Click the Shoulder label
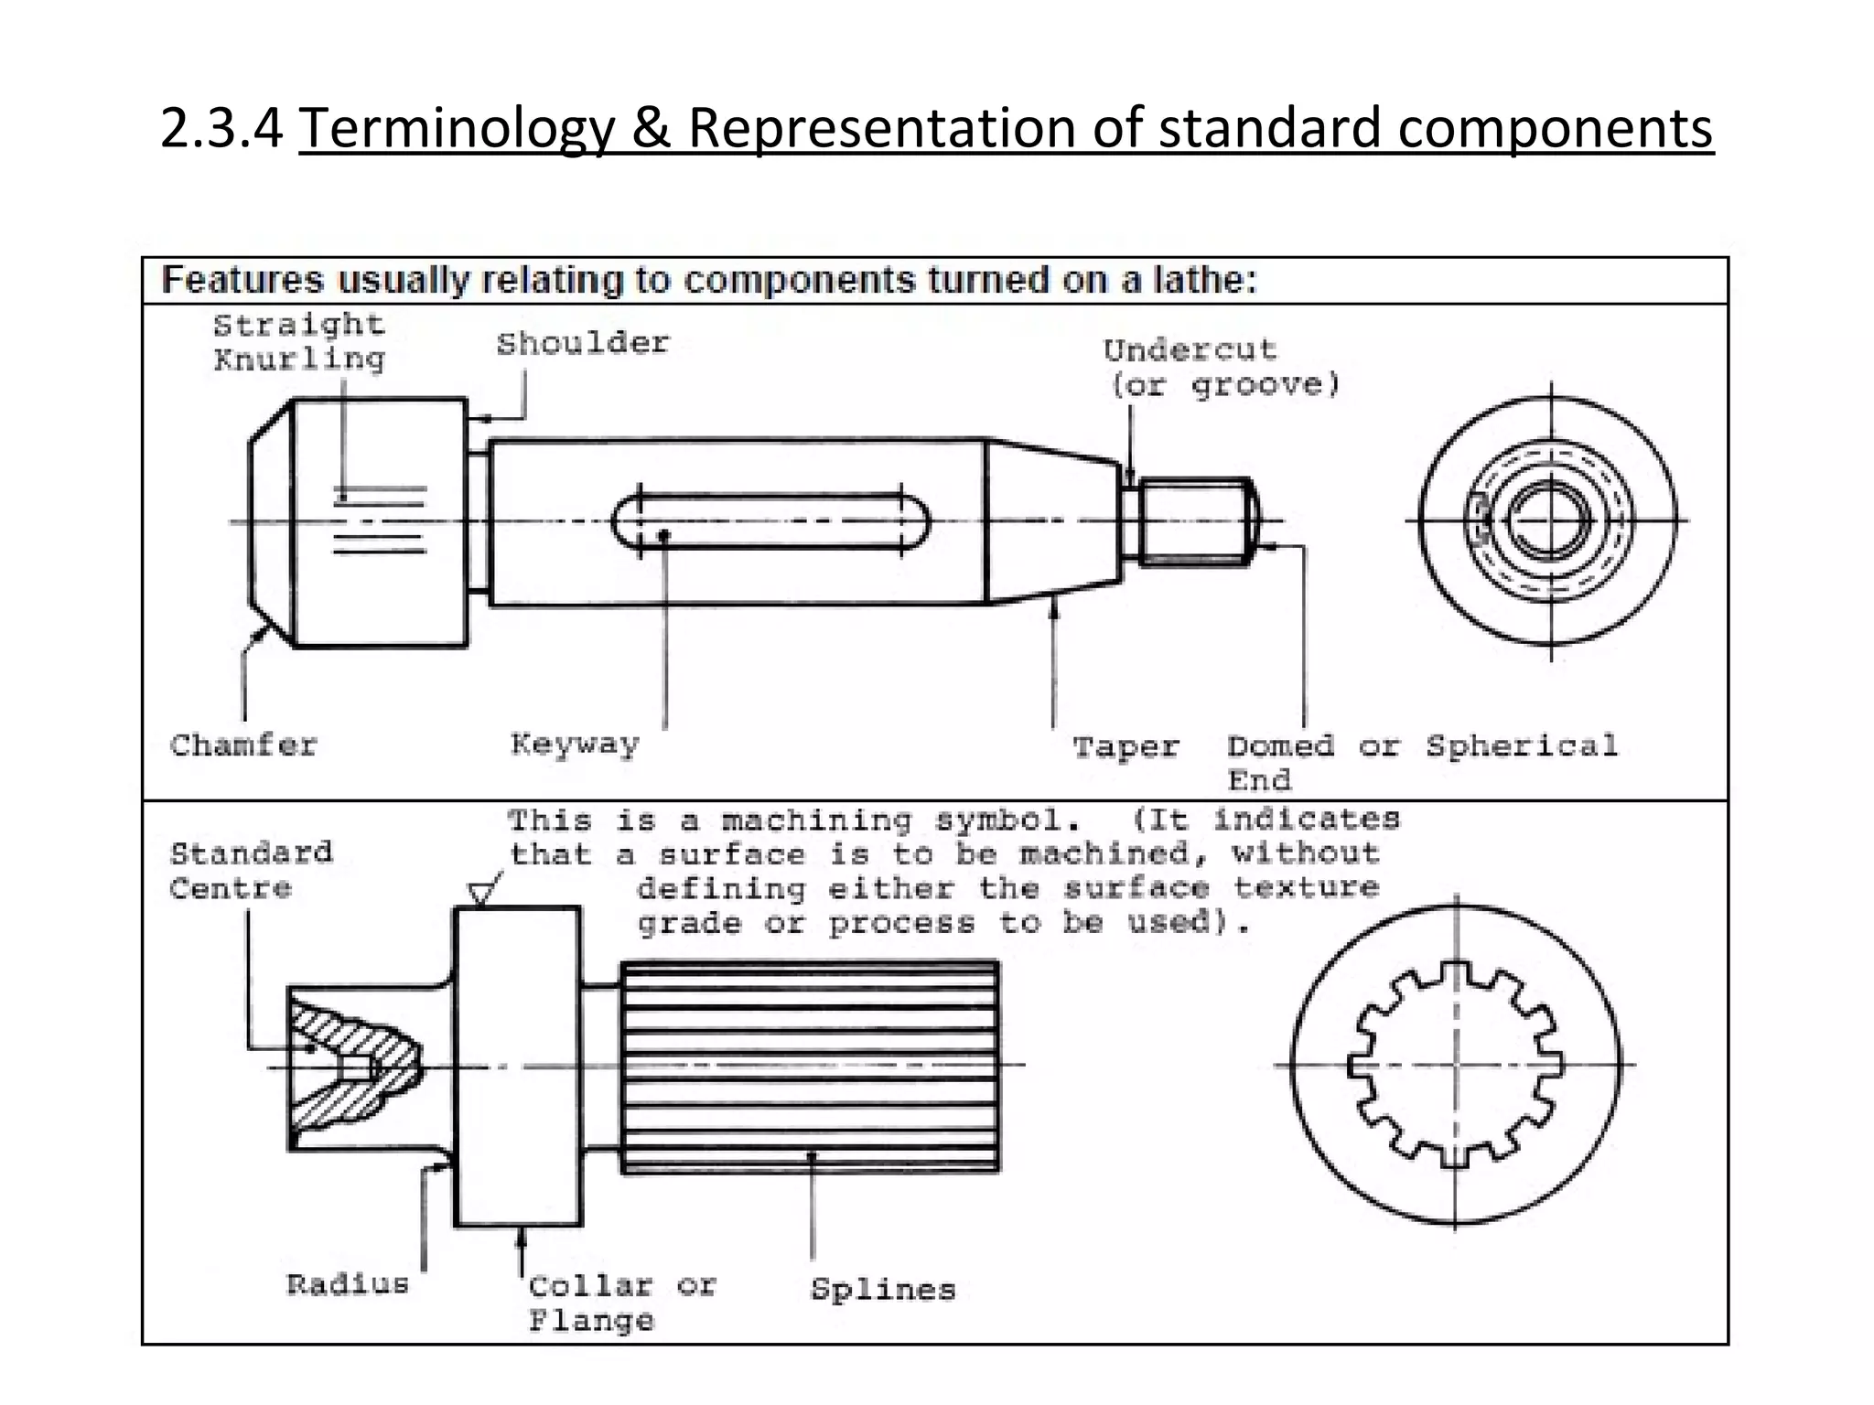pos(583,344)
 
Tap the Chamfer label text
pos(243,745)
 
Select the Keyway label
pos(575,744)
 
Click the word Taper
pos(1125,747)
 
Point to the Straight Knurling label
pos(299,342)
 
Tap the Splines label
pos(882,1290)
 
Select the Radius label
pos(348,1284)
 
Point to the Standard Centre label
pos(251,871)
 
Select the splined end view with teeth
pos(1455,1065)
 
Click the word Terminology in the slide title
pos(457,127)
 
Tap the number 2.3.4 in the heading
pos(221,127)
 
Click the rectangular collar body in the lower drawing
pos(518,1066)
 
